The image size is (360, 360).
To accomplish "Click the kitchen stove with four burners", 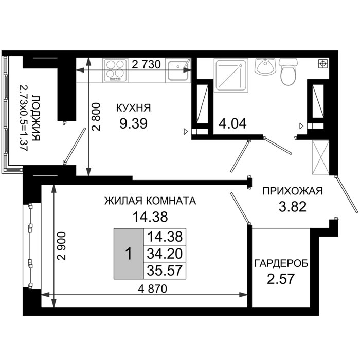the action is pyautogui.click(x=115, y=70).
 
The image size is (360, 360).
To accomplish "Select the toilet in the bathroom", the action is pyautogui.click(x=289, y=71).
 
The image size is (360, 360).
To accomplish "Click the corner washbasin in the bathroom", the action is pyautogui.click(x=265, y=66).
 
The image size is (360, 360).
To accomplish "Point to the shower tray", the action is pyautogui.click(x=231, y=75).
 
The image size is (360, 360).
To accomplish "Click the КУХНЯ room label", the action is pyautogui.click(x=133, y=107).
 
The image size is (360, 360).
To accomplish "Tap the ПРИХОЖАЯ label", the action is pyautogui.click(x=293, y=191).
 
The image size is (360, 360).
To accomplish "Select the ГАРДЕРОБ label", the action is pyautogui.click(x=281, y=263).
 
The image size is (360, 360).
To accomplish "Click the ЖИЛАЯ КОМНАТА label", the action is pyautogui.click(x=150, y=201).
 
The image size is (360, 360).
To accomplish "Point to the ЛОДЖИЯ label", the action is pyautogui.click(x=36, y=118).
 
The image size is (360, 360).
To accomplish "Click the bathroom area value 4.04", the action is pyautogui.click(x=232, y=123).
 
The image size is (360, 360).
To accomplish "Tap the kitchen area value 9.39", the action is pyautogui.click(x=133, y=123).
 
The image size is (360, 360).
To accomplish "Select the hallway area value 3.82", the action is pyautogui.click(x=293, y=206).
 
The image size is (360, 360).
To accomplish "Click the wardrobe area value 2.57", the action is pyautogui.click(x=281, y=279).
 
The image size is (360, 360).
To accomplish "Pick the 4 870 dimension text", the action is pyautogui.click(x=152, y=289).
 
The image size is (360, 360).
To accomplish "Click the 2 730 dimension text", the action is pyautogui.click(x=146, y=64).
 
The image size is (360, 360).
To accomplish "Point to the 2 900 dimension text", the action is pyautogui.click(x=62, y=246).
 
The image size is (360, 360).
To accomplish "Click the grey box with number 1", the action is pyautogui.click(x=129, y=254).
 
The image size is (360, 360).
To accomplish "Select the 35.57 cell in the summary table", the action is pyautogui.click(x=165, y=271).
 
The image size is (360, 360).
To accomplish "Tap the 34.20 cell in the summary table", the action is pyautogui.click(x=165, y=254).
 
